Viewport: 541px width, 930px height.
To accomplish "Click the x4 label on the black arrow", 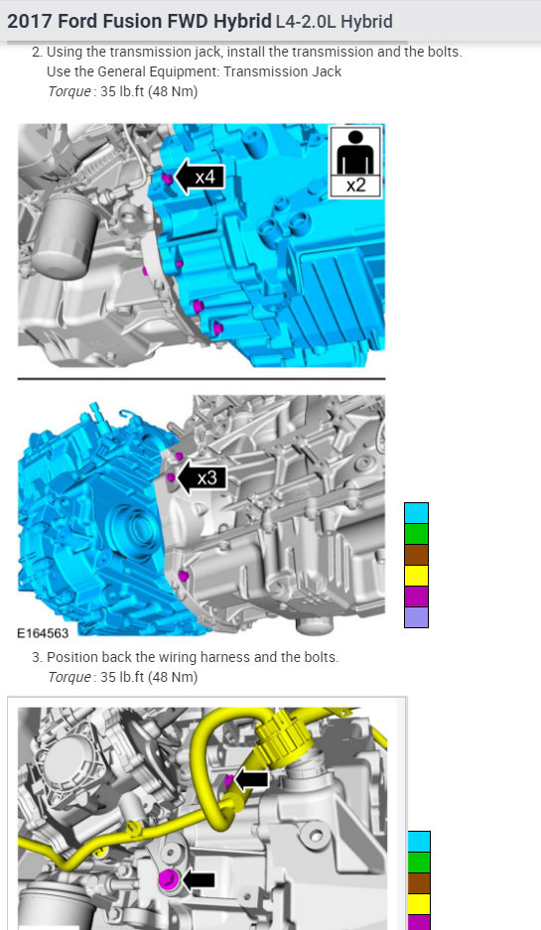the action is click(204, 177).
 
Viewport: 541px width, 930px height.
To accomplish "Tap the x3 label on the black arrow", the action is click(207, 477).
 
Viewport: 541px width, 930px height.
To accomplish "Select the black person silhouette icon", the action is click(355, 152).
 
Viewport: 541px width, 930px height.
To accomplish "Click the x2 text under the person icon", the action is click(355, 186).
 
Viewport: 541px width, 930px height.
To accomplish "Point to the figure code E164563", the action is click(43, 633).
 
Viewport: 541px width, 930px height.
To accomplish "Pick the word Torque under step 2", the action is click(69, 91).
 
